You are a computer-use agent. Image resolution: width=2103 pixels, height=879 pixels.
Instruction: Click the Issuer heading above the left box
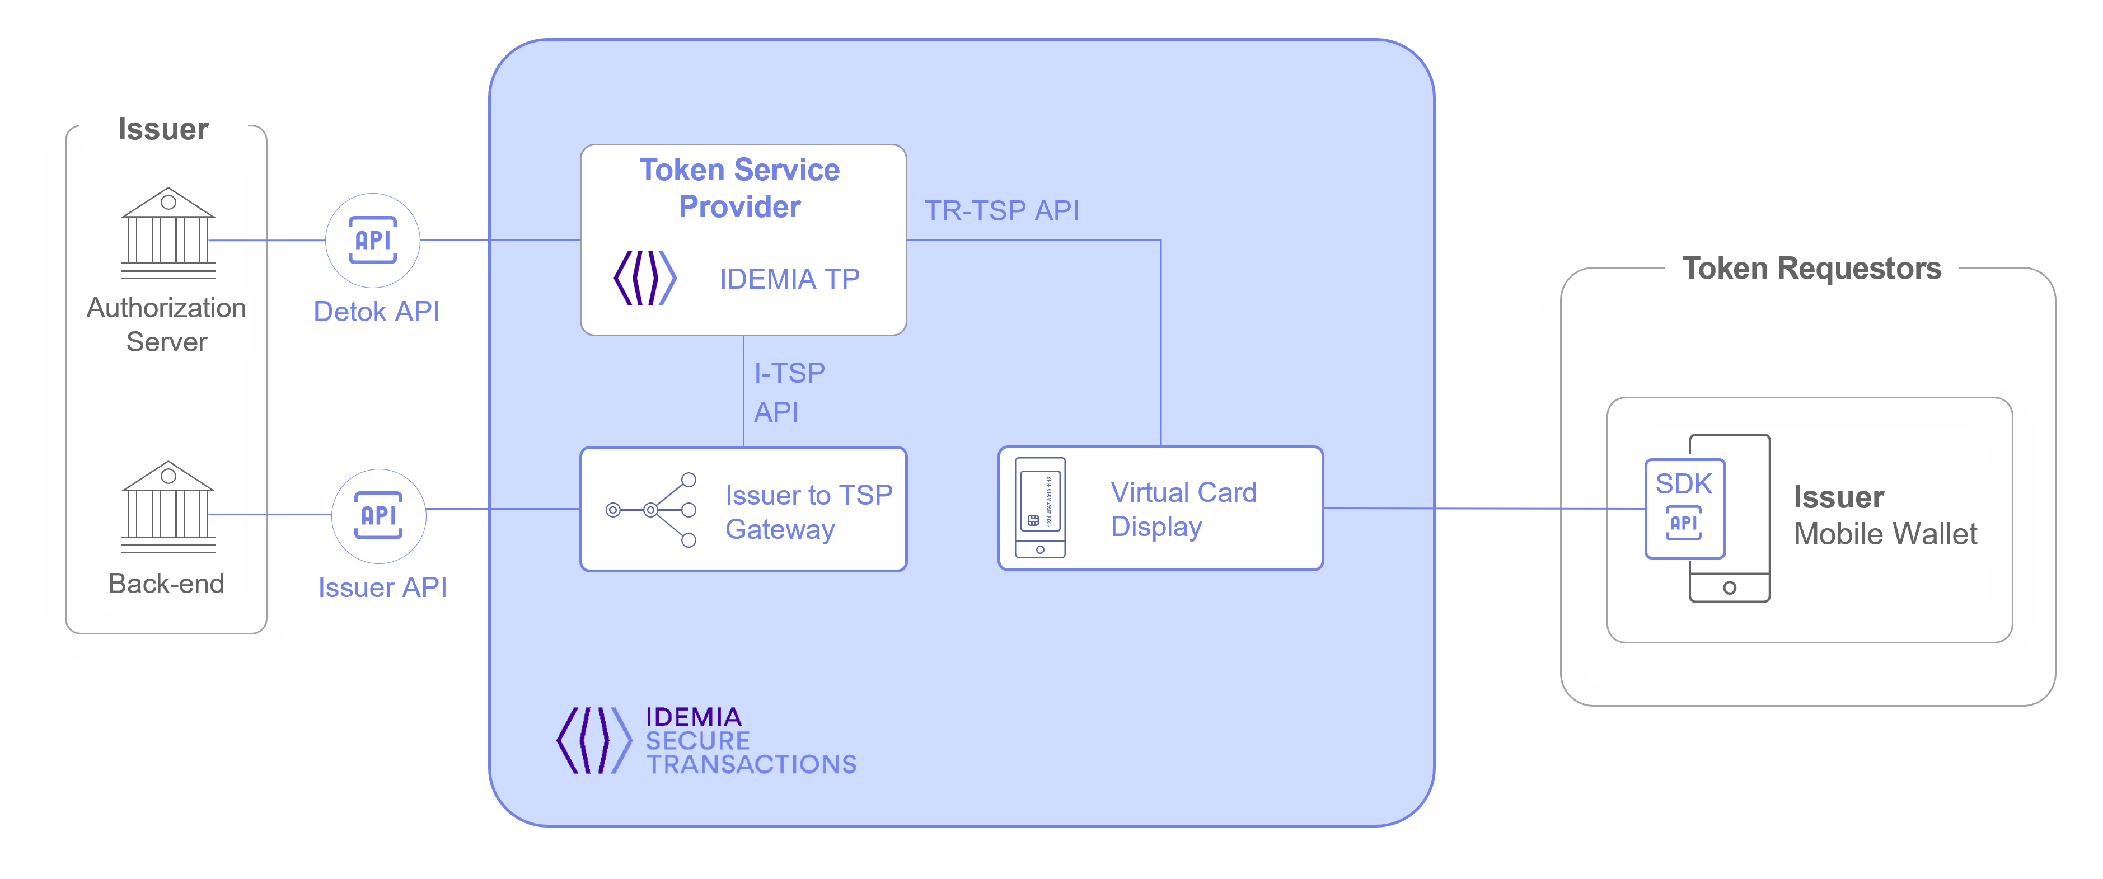tap(163, 129)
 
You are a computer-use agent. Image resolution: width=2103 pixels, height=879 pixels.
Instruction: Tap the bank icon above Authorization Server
tap(168, 234)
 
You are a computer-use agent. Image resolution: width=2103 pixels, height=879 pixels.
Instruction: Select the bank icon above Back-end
tap(168, 507)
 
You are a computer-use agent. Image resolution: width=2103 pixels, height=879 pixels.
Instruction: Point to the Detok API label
tap(376, 312)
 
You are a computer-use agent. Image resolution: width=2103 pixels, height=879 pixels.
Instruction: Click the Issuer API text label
tap(382, 587)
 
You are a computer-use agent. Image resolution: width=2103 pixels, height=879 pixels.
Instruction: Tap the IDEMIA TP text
tap(789, 279)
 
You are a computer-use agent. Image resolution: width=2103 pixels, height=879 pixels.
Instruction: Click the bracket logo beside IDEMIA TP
tap(645, 278)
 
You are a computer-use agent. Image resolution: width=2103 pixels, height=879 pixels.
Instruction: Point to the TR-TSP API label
tap(1002, 210)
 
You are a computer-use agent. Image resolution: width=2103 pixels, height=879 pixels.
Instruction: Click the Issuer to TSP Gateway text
tap(808, 512)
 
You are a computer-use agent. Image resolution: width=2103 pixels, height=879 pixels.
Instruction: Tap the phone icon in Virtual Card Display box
tap(1040, 507)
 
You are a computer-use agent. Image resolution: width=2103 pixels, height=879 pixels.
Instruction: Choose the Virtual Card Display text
tap(1183, 509)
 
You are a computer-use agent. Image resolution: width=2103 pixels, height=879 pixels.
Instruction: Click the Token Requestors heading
tap(1811, 269)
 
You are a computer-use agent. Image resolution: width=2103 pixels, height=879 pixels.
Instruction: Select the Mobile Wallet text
tap(1885, 534)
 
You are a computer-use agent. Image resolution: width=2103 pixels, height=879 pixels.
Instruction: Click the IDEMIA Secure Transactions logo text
tap(750, 740)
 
